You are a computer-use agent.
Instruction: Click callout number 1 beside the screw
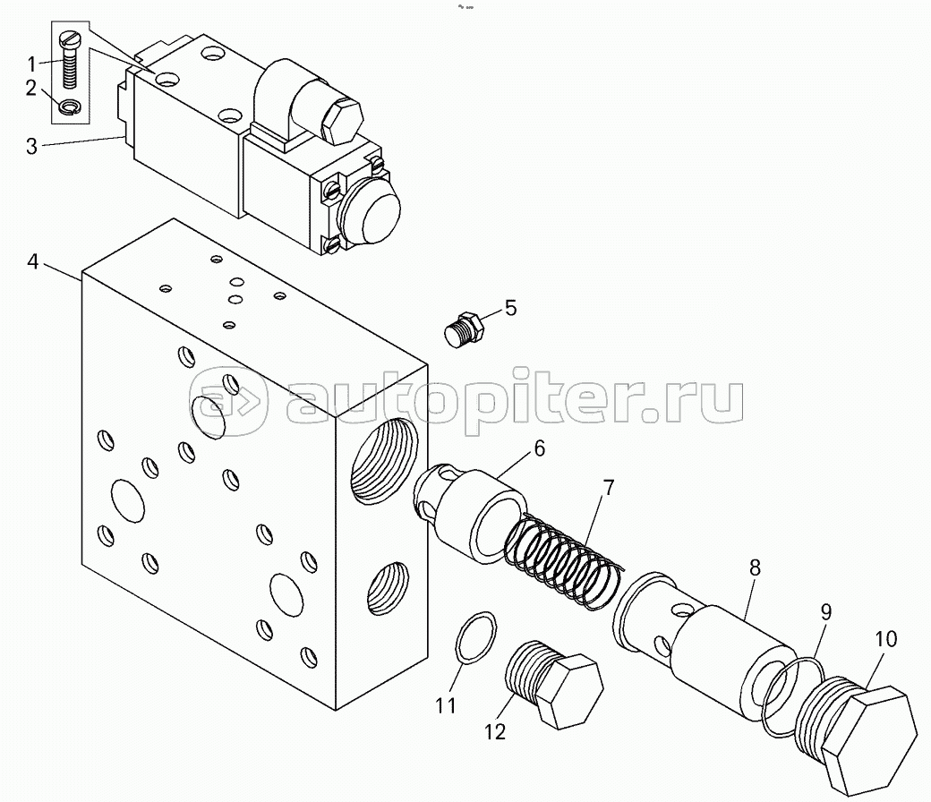pyautogui.click(x=32, y=63)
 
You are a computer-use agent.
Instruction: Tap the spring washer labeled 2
pyautogui.click(x=73, y=107)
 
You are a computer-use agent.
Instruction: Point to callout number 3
pyautogui.click(x=32, y=146)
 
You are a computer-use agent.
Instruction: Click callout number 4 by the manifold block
pyautogui.click(x=32, y=261)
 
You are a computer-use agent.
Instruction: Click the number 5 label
pyautogui.click(x=510, y=308)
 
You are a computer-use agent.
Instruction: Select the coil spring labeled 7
pyautogui.click(x=563, y=559)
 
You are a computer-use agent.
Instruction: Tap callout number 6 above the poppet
pyautogui.click(x=539, y=448)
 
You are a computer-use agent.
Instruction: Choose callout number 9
pyautogui.click(x=826, y=612)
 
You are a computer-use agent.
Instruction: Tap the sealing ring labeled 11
pyautogui.click(x=476, y=636)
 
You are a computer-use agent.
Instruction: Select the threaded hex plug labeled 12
pyautogui.click(x=553, y=685)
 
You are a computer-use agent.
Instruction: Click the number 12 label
pyautogui.click(x=494, y=731)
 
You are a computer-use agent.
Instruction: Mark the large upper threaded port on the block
pyautogui.click(x=383, y=459)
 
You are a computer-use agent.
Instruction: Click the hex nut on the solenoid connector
pyautogui.click(x=341, y=122)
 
